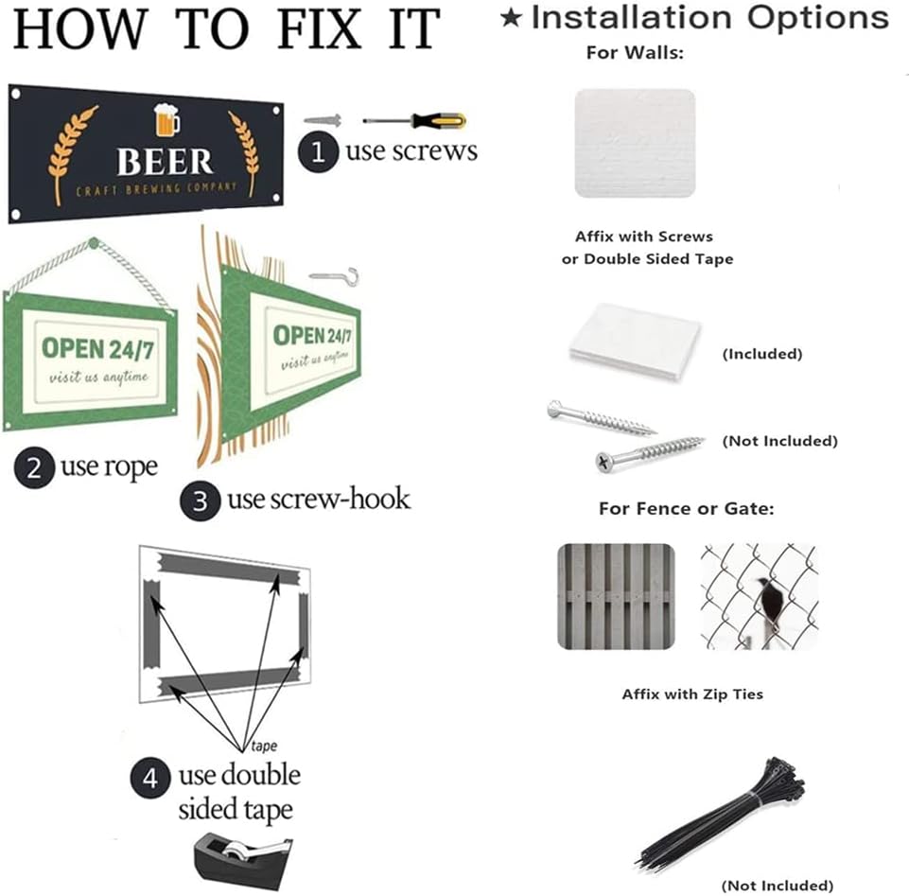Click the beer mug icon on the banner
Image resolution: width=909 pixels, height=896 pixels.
(166, 120)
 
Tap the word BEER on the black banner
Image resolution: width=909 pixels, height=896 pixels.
(165, 162)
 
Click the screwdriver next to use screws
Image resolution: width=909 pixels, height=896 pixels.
(414, 120)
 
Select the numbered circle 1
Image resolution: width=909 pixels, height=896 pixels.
(318, 152)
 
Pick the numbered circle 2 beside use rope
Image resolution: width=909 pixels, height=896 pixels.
(34, 467)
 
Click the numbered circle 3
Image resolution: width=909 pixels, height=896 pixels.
(200, 501)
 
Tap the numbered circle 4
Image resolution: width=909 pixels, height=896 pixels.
(150, 778)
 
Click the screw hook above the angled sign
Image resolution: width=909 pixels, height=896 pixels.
(335, 276)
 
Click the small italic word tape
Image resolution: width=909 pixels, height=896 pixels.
(264, 746)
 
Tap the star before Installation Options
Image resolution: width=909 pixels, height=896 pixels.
(511, 17)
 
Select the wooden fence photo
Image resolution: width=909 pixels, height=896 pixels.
(616, 596)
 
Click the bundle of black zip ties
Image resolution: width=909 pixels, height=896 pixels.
(722, 812)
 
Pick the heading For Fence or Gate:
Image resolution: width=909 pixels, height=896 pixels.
(687, 509)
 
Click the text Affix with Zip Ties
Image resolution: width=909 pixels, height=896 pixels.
(692, 694)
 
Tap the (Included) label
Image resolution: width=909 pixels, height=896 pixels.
(762, 354)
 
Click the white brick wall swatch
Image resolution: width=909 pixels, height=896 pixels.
(635, 143)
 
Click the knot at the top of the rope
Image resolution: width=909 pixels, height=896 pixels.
(94, 242)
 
